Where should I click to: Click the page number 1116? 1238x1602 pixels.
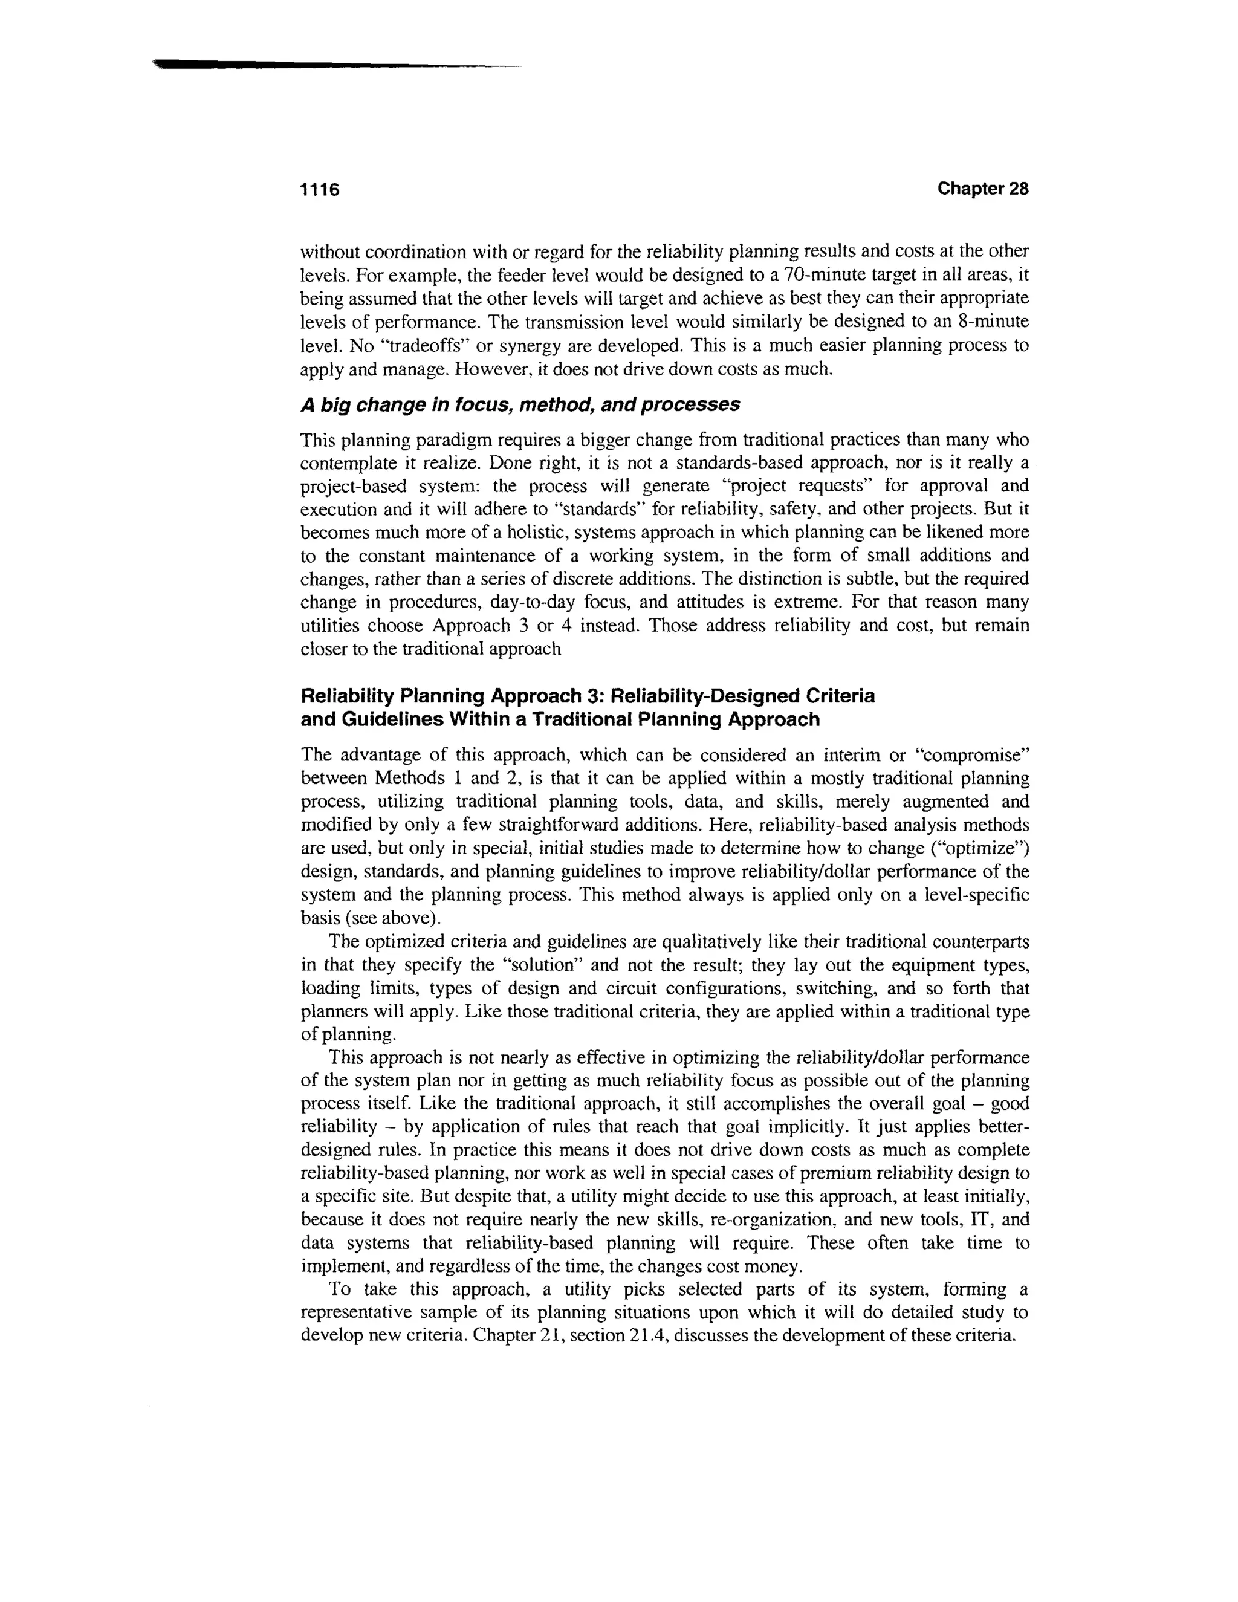[320, 190]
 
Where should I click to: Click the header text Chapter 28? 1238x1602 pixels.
[983, 189]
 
